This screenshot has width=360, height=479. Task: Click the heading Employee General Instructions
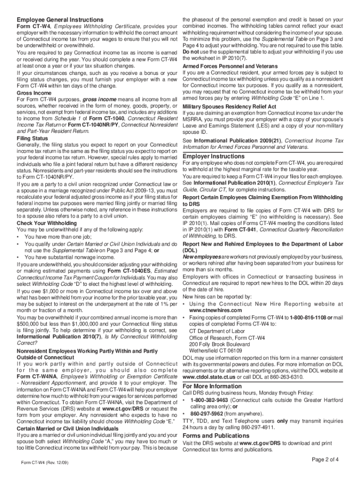60,20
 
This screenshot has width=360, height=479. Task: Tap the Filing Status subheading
32,139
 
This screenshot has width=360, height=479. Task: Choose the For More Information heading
212,386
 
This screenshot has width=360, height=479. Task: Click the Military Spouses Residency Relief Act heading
229,107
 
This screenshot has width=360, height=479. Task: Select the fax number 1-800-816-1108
308,318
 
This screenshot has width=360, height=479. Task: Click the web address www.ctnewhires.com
216,310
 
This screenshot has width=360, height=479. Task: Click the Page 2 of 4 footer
325,459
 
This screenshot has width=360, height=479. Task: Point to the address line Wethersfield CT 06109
216,351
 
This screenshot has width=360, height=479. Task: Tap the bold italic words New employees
200,257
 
